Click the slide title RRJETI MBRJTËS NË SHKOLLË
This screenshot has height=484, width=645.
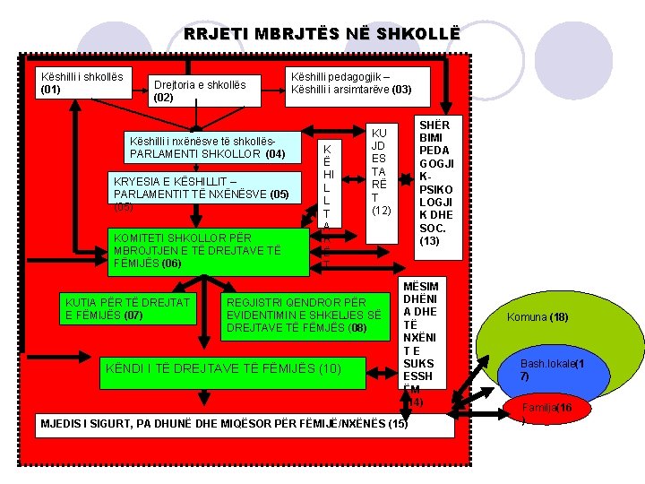(x=322, y=34)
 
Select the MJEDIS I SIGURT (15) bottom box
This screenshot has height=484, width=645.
(x=243, y=424)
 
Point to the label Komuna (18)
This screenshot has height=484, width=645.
(x=537, y=317)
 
